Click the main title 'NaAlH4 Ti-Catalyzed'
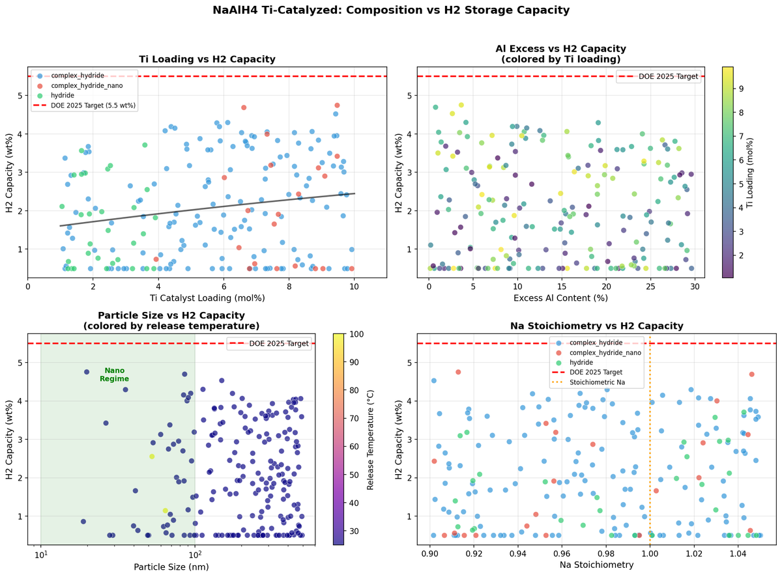point(391,10)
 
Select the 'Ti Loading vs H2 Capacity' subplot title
point(207,59)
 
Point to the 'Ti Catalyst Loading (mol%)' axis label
point(207,298)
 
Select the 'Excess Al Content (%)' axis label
point(560,298)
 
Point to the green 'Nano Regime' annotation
point(114,374)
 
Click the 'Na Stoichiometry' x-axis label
point(596,565)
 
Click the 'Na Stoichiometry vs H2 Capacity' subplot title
point(596,326)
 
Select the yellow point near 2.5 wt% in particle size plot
point(152,457)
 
